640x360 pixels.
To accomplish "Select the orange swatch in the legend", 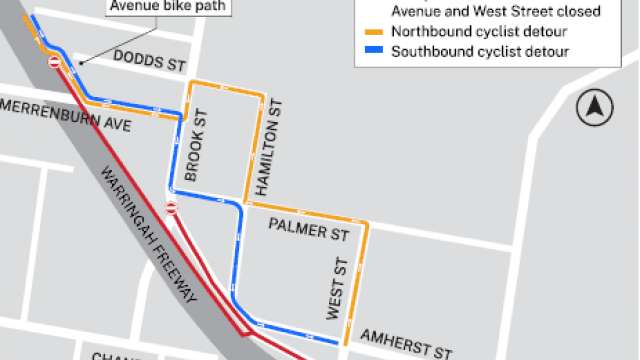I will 374,32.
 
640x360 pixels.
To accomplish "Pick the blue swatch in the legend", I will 374,51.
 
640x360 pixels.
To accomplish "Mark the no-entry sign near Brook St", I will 171,208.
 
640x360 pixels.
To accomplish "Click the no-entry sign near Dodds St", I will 54,62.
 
